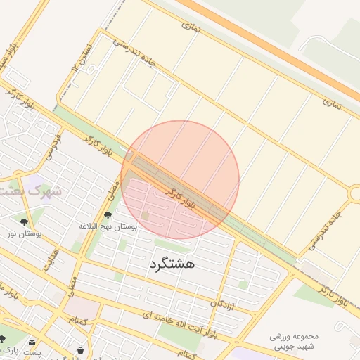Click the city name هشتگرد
pyautogui.click(x=172, y=264)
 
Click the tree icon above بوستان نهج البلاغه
pyautogui.click(x=108, y=215)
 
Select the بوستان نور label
pyautogui.click(x=24, y=233)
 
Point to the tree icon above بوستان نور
pyautogui.click(x=25, y=221)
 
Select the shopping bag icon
pyautogui.click(x=81, y=349)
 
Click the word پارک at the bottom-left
pyautogui.click(x=10, y=349)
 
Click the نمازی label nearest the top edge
pyautogui.click(x=191, y=27)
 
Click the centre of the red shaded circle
pyautogui.click(x=180, y=179)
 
